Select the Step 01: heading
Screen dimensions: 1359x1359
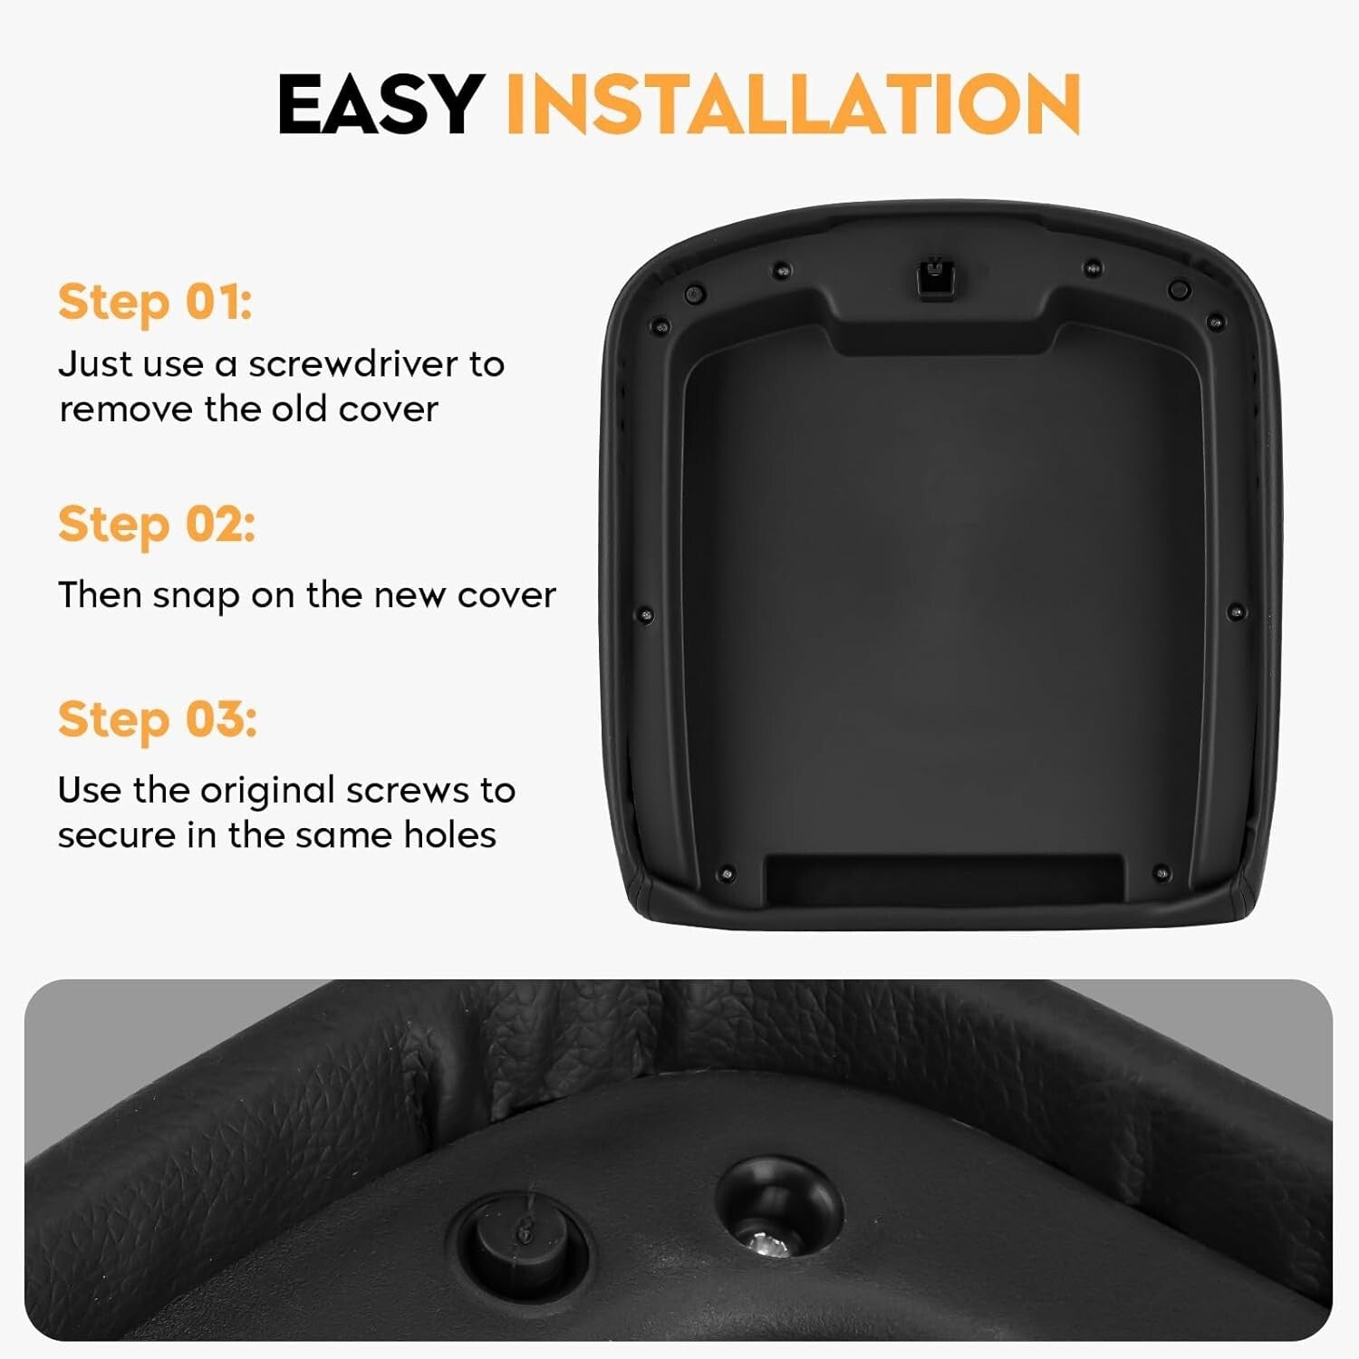point(155,302)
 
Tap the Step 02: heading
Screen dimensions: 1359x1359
point(157,525)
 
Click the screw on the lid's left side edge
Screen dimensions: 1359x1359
point(645,615)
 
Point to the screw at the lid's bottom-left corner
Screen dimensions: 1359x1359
point(725,874)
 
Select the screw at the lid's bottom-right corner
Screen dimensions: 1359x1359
point(1161,873)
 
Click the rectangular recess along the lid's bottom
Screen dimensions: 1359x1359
point(944,878)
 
